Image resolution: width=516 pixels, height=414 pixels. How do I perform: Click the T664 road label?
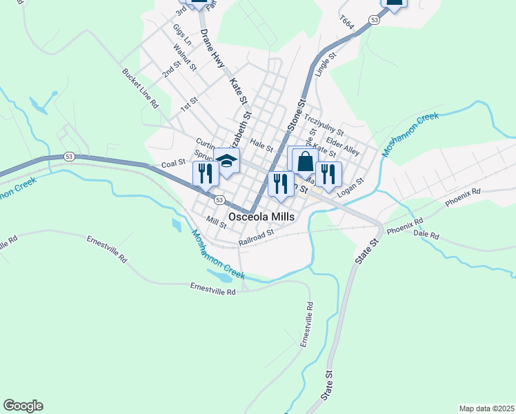pos(347,23)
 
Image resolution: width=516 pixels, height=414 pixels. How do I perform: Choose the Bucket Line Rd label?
pos(141,88)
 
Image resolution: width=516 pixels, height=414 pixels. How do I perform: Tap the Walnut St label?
pos(186,59)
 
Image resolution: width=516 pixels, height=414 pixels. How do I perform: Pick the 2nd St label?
pos(170,67)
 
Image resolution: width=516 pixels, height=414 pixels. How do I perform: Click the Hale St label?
pos(261,144)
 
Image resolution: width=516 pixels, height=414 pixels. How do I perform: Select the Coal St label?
pos(173,164)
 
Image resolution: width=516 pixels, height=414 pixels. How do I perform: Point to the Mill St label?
pos(216,220)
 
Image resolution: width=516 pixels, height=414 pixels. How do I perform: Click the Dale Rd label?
pos(426,235)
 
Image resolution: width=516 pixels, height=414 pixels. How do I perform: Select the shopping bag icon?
pos(304,161)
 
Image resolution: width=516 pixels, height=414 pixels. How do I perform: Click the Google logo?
pos(23,406)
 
